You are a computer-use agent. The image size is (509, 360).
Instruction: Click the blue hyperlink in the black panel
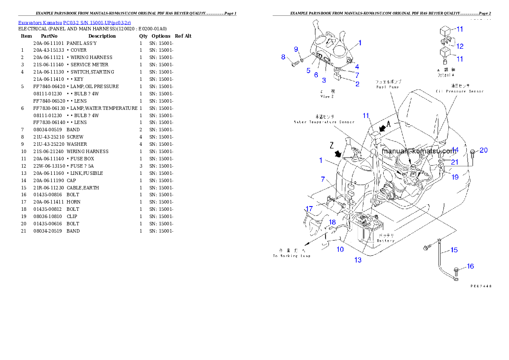click(74, 22)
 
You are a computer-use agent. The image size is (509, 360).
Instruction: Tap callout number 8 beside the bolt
click(283, 57)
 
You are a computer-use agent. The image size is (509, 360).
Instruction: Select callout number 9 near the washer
click(296, 50)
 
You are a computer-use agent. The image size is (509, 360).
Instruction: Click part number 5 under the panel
click(308, 71)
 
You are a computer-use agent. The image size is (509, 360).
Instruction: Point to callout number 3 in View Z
click(324, 80)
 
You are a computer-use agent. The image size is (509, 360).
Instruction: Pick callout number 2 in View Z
click(357, 84)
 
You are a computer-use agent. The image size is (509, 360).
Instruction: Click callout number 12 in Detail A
click(460, 46)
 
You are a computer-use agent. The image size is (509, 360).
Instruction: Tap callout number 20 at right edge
click(483, 150)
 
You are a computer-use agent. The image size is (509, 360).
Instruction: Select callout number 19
click(455, 177)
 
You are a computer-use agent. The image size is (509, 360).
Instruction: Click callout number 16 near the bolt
click(470, 266)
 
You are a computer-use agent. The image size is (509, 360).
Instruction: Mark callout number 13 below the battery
click(358, 260)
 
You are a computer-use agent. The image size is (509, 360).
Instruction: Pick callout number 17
click(309, 209)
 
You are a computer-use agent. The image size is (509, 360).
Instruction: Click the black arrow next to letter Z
click(338, 152)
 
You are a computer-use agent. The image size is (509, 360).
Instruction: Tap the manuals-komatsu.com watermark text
click(419, 151)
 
